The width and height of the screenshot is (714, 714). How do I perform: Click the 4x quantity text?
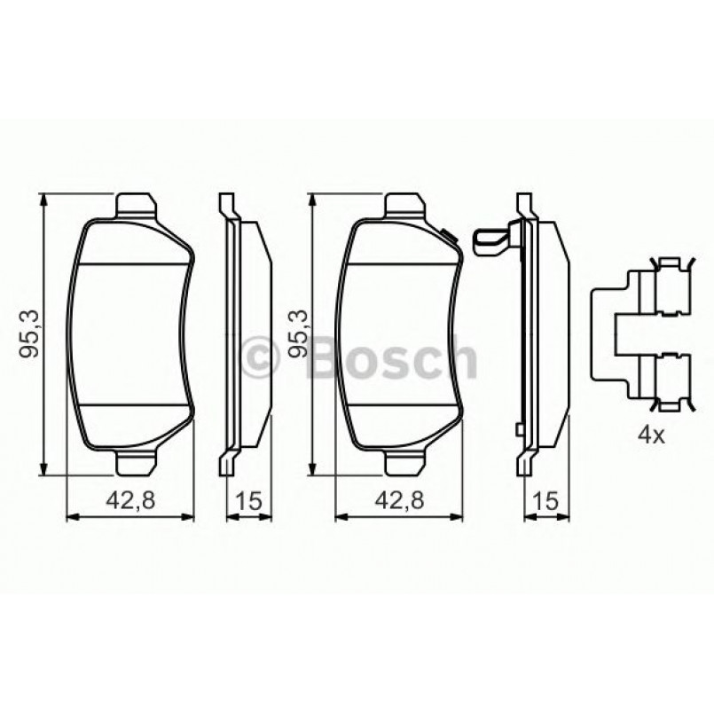pyautogui.click(x=652, y=435)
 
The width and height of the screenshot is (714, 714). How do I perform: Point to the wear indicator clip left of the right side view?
pyautogui.click(x=491, y=240)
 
